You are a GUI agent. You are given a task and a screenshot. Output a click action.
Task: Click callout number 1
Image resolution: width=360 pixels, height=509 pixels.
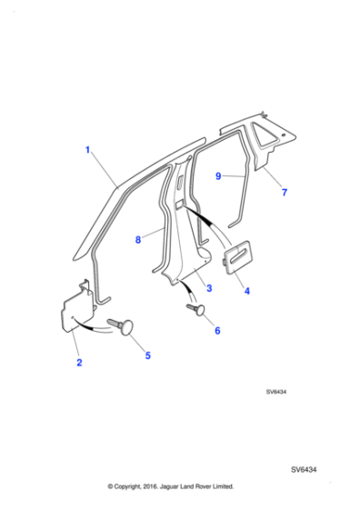88,150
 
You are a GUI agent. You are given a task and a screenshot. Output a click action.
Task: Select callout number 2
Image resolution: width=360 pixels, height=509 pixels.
79,364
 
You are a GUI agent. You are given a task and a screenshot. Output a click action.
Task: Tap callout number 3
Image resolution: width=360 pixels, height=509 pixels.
209,288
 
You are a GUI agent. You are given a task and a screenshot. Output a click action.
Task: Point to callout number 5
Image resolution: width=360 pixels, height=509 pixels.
148,355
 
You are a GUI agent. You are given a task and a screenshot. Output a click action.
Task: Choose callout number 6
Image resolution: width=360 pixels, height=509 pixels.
217,331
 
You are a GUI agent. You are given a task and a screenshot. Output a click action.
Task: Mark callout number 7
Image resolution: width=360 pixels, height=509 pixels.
284,194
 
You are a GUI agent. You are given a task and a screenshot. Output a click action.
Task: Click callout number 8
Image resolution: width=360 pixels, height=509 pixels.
138,240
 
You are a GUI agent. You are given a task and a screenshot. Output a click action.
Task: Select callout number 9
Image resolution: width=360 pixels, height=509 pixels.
218,177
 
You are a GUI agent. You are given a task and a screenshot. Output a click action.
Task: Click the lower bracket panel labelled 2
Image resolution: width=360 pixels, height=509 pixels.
73,310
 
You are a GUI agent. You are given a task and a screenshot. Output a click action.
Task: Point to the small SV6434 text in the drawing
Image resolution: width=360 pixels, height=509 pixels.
277,393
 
